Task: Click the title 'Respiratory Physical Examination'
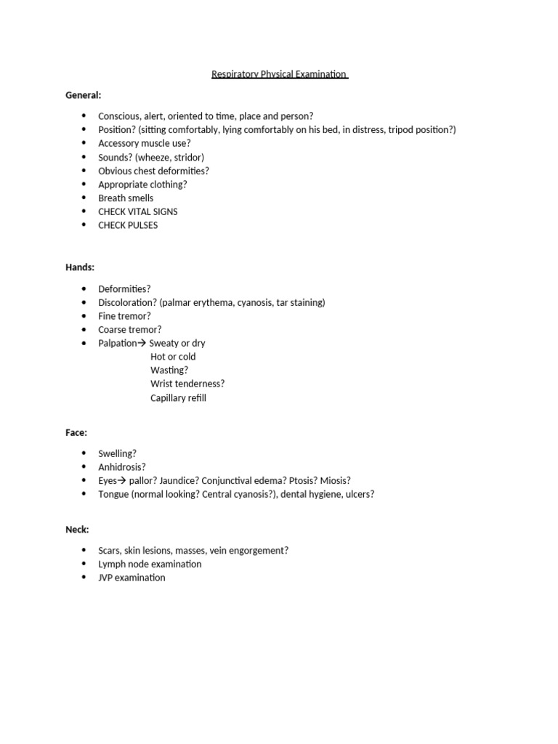[x=280, y=74]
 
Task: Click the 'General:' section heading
[x=84, y=95]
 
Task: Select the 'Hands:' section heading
[x=80, y=267]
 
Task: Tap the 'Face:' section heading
[x=76, y=432]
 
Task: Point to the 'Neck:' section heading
[x=77, y=530]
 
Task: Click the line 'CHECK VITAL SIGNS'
[x=138, y=211]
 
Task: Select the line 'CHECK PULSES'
[x=128, y=225]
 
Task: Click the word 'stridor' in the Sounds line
[x=187, y=157]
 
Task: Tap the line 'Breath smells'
[x=126, y=198]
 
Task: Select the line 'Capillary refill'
[x=178, y=398]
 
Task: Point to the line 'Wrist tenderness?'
[x=187, y=384]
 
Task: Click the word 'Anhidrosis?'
[x=122, y=467]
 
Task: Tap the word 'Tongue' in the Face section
[x=113, y=494]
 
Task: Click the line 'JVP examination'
[x=132, y=578]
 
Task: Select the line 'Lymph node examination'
[x=150, y=564]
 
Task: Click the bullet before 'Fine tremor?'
[x=84, y=316]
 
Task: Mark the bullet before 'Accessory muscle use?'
[x=84, y=143]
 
